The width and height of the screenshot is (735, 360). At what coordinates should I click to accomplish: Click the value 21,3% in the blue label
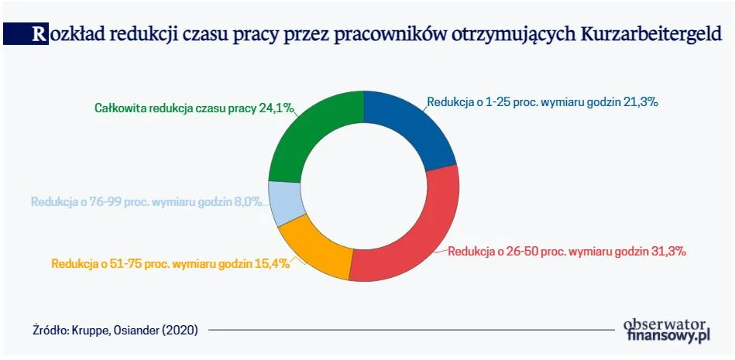pyautogui.click(x=640, y=101)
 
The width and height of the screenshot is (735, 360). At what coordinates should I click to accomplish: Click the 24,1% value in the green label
pyautogui.click(x=277, y=108)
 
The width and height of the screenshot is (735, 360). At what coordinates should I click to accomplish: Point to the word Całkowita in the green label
pyautogui.click(x=120, y=108)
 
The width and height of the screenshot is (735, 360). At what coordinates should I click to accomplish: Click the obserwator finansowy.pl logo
pyautogui.click(x=666, y=330)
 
